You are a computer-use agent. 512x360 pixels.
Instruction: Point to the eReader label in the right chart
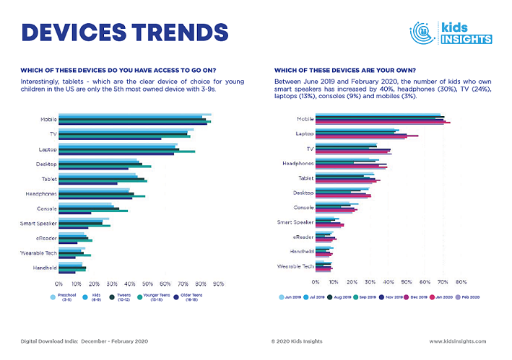coord(303,237)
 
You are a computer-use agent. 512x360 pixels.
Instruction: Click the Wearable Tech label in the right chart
coord(295,266)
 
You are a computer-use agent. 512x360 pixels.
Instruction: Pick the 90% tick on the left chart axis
coord(219,284)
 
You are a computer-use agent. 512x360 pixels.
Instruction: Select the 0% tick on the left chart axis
coord(58,284)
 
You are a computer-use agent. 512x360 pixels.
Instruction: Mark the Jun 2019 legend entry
coord(290,297)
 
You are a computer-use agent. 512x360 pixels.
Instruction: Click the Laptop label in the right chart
coord(304,133)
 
